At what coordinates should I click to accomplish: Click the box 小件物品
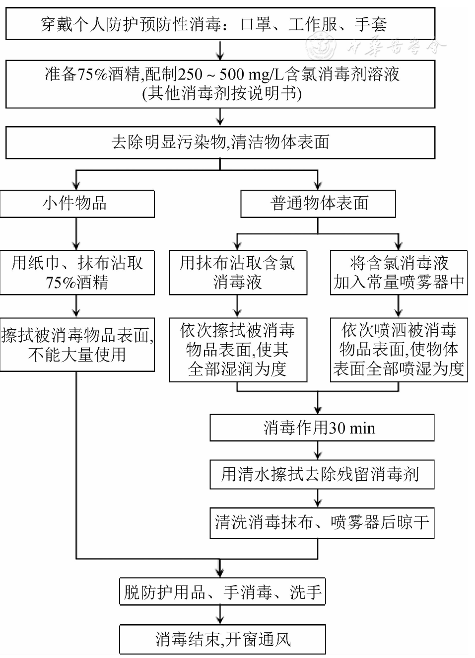(76, 204)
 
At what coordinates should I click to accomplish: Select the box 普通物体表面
(318, 204)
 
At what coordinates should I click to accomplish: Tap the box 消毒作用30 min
(321, 428)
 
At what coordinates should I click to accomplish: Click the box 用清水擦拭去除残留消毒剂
(321, 474)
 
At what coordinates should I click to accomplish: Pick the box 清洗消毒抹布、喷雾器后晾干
(321, 522)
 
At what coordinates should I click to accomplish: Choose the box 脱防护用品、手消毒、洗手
(222, 591)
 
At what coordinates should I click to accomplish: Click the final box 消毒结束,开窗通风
(222, 639)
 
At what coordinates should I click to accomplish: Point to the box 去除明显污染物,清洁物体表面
(220, 143)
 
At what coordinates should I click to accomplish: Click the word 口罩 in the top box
(256, 24)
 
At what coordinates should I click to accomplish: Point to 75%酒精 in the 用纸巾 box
(76, 283)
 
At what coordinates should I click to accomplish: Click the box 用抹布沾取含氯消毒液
(237, 272)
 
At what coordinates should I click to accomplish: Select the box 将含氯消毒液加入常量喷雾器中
(399, 272)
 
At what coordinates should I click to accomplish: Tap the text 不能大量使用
(76, 355)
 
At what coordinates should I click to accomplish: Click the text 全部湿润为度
(237, 368)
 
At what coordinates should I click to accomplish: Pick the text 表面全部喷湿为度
(399, 368)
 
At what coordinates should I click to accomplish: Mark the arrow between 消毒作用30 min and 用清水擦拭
(318, 451)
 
